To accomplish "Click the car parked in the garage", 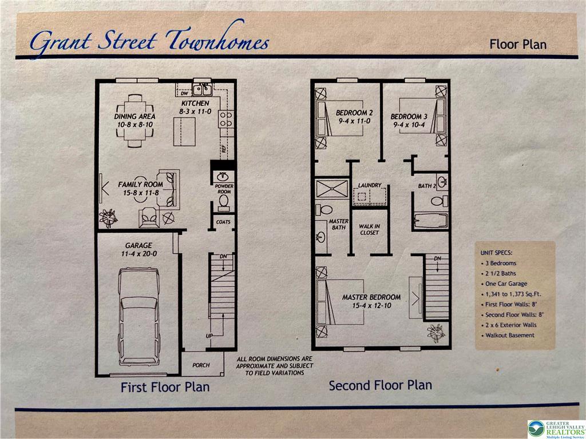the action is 139,317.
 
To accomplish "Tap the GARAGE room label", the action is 138,245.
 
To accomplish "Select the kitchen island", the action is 185,131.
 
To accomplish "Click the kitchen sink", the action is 202,90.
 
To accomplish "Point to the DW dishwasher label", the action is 184,93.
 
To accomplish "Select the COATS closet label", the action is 223,222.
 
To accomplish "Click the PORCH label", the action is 201,365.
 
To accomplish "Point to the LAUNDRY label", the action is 370,185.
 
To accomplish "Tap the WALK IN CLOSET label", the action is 370,229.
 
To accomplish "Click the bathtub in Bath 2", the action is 430,220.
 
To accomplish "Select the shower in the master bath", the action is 332,189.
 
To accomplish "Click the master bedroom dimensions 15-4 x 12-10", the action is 371,305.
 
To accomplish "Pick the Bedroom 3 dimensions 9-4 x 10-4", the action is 409,125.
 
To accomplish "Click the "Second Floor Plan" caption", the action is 380,385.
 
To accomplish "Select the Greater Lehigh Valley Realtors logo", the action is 556,429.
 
